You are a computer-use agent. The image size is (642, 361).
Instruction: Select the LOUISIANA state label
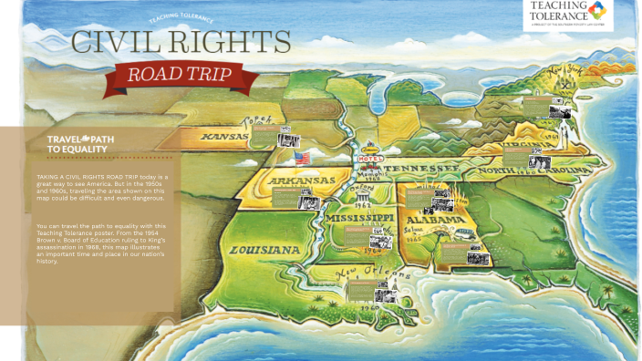click(x=264, y=249)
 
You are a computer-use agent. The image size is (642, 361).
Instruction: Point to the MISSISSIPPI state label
click(x=362, y=220)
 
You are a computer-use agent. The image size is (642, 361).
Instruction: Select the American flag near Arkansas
click(x=303, y=158)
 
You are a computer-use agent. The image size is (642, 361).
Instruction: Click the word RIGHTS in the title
click(x=233, y=42)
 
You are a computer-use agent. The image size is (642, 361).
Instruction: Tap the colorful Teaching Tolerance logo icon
click(x=596, y=11)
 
